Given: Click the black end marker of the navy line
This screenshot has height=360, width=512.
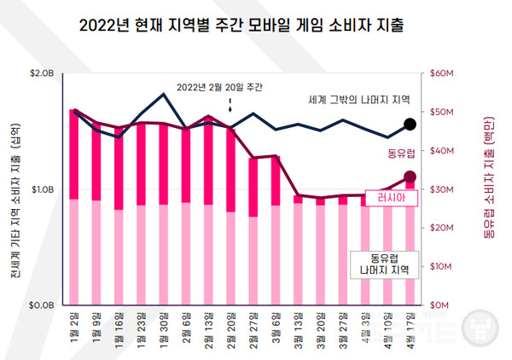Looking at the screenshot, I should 410,125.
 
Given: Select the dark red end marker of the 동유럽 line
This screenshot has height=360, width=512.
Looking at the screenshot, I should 410,177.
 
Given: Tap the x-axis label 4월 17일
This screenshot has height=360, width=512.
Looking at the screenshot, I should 410,328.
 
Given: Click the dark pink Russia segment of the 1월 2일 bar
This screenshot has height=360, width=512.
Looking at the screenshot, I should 74,154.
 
